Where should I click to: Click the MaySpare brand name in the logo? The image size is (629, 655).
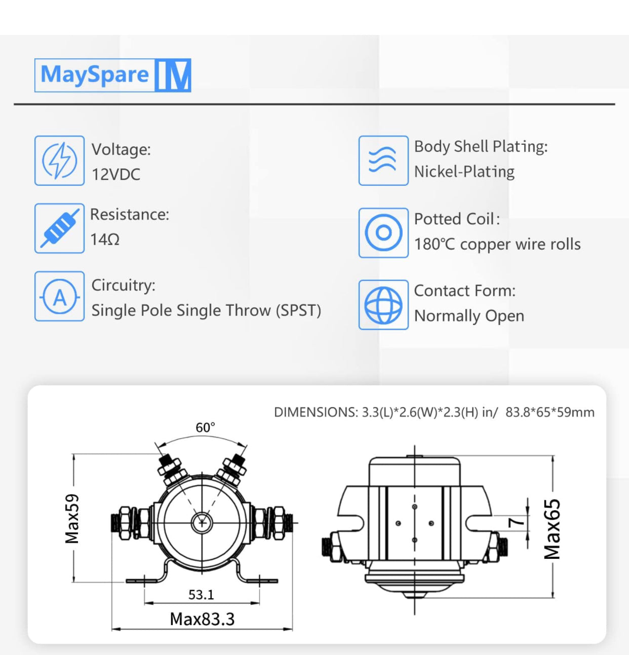click(x=95, y=74)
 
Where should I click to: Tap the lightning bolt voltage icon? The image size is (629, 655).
click(x=59, y=160)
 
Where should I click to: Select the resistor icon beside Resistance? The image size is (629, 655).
click(x=59, y=228)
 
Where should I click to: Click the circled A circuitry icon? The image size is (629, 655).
click(x=59, y=297)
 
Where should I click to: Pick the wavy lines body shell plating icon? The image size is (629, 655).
click(x=383, y=160)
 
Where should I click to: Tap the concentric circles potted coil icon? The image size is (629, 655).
click(x=383, y=232)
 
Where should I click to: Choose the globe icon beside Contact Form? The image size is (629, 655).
click(x=383, y=305)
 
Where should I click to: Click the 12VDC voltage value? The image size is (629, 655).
click(x=116, y=175)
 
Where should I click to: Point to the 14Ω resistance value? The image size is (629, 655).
click(x=105, y=239)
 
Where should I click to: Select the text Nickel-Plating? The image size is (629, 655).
click(x=464, y=172)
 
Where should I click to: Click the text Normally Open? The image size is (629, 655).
click(x=469, y=316)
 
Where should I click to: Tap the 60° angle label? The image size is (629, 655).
click(x=205, y=427)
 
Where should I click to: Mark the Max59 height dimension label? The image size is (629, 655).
click(x=72, y=519)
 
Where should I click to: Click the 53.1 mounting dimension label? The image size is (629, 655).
click(x=201, y=595)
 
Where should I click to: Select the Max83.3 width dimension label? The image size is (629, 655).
click(x=202, y=619)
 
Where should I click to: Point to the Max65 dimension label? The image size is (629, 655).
click(x=552, y=529)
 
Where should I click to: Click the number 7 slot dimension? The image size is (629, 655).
click(x=516, y=522)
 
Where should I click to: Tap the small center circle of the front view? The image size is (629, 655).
click(x=202, y=523)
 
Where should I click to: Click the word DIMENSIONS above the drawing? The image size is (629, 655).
click(x=316, y=413)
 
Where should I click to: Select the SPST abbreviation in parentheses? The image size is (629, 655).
click(x=298, y=310)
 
